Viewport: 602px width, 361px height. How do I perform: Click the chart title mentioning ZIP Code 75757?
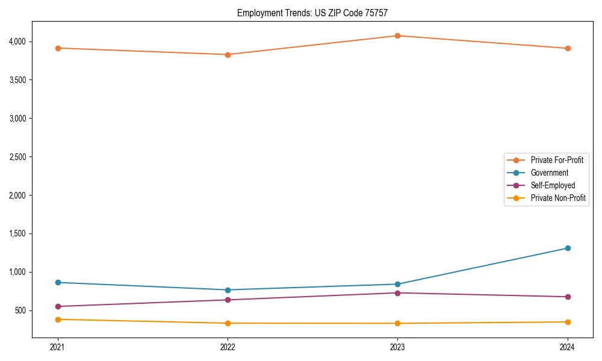[317, 13]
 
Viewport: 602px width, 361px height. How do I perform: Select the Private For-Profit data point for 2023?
[397, 35]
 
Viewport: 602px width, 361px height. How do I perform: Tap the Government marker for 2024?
[567, 248]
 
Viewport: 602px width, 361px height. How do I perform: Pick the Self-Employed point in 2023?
[397, 293]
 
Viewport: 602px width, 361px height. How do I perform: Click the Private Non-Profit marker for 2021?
[58, 319]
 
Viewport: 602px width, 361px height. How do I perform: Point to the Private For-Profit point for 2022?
[228, 55]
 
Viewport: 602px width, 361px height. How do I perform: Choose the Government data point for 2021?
[58, 282]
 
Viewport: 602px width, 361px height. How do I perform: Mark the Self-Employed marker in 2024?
[567, 297]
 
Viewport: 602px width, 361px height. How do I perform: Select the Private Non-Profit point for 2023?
[397, 323]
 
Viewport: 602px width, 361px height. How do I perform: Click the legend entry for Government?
[549, 173]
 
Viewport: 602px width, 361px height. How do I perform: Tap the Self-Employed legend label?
[553, 185]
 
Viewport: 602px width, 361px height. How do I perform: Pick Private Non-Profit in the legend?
[558, 198]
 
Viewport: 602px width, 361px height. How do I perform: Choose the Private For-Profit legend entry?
[556, 160]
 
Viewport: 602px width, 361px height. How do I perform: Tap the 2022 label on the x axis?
[228, 347]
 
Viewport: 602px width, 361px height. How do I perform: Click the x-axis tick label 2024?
[567, 347]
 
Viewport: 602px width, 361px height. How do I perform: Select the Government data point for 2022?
[228, 290]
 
